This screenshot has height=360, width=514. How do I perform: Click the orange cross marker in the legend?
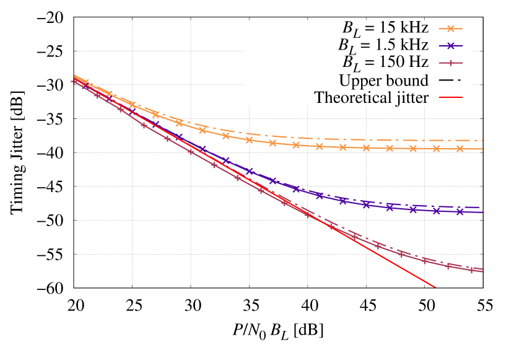[x=451, y=29]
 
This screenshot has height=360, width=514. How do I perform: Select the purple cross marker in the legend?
[x=451, y=46]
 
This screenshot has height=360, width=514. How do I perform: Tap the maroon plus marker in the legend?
[x=451, y=63]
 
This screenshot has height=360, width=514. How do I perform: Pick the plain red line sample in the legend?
[x=451, y=97]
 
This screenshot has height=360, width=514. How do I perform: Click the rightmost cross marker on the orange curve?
[x=460, y=149]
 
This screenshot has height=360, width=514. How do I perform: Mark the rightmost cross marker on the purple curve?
[x=460, y=212]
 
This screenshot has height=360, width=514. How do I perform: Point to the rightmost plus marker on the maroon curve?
[x=471, y=270]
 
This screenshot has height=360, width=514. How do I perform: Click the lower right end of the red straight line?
[x=436, y=288]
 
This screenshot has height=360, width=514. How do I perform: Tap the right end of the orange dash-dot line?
[x=482, y=140]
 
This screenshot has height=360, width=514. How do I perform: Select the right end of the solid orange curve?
[x=482, y=149]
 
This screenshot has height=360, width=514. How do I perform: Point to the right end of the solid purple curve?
[x=482, y=212]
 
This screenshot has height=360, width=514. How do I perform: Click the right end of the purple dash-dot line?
[x=482, y=207]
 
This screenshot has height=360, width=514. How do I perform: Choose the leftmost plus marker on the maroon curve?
[x=74, y=81]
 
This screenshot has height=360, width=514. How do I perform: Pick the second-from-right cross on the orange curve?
[x=437, y=149]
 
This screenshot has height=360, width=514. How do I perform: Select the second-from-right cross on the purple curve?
[x=437, y=211]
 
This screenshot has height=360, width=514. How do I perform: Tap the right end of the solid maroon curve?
[x=482, y=271]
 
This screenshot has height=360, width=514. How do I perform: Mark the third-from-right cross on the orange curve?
[x=413, y=149]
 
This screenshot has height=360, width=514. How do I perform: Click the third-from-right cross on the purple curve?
[x=413, y=209]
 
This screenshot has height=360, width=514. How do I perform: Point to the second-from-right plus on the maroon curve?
[x=448, y=265]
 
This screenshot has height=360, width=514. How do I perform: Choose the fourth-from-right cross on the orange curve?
[x=390, y=148]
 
